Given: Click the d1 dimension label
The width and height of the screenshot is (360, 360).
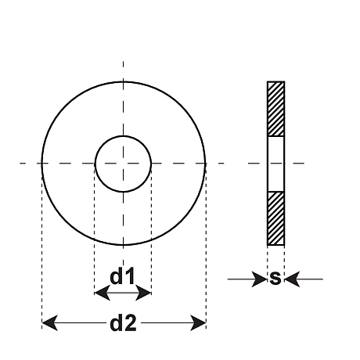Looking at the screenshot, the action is coord(122,276).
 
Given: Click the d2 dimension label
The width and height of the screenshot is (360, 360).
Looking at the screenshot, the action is coord(123,323).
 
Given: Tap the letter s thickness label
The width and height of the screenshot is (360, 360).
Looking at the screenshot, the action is coord(275,278).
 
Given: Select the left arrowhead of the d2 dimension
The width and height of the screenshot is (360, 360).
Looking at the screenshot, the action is coord(49,323).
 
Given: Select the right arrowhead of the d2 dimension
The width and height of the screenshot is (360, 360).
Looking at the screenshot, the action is coord(198,323).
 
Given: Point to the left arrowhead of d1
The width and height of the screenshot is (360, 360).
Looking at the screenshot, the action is coord(102,293).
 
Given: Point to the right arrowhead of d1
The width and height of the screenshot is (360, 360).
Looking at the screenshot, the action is coord(143,293).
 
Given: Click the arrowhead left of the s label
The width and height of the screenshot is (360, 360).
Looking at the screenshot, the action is coord(259,279).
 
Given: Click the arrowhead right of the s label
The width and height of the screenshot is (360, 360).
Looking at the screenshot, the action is coord(292,279).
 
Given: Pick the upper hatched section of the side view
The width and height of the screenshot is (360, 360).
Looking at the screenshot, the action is coord(275,109).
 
